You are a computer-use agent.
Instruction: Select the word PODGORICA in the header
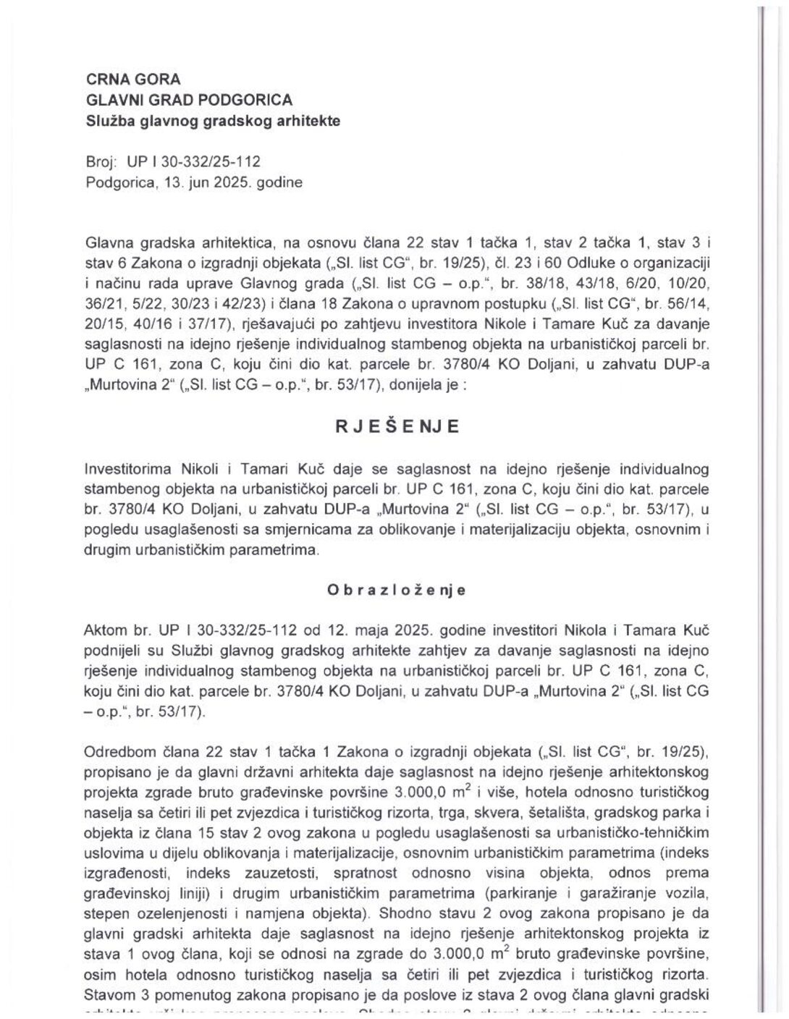[250, 100]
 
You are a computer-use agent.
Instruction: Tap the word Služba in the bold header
[109, 121]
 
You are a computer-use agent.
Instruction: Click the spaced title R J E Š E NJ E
[397, 426]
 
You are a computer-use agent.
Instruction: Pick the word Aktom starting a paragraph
[106, 631]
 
